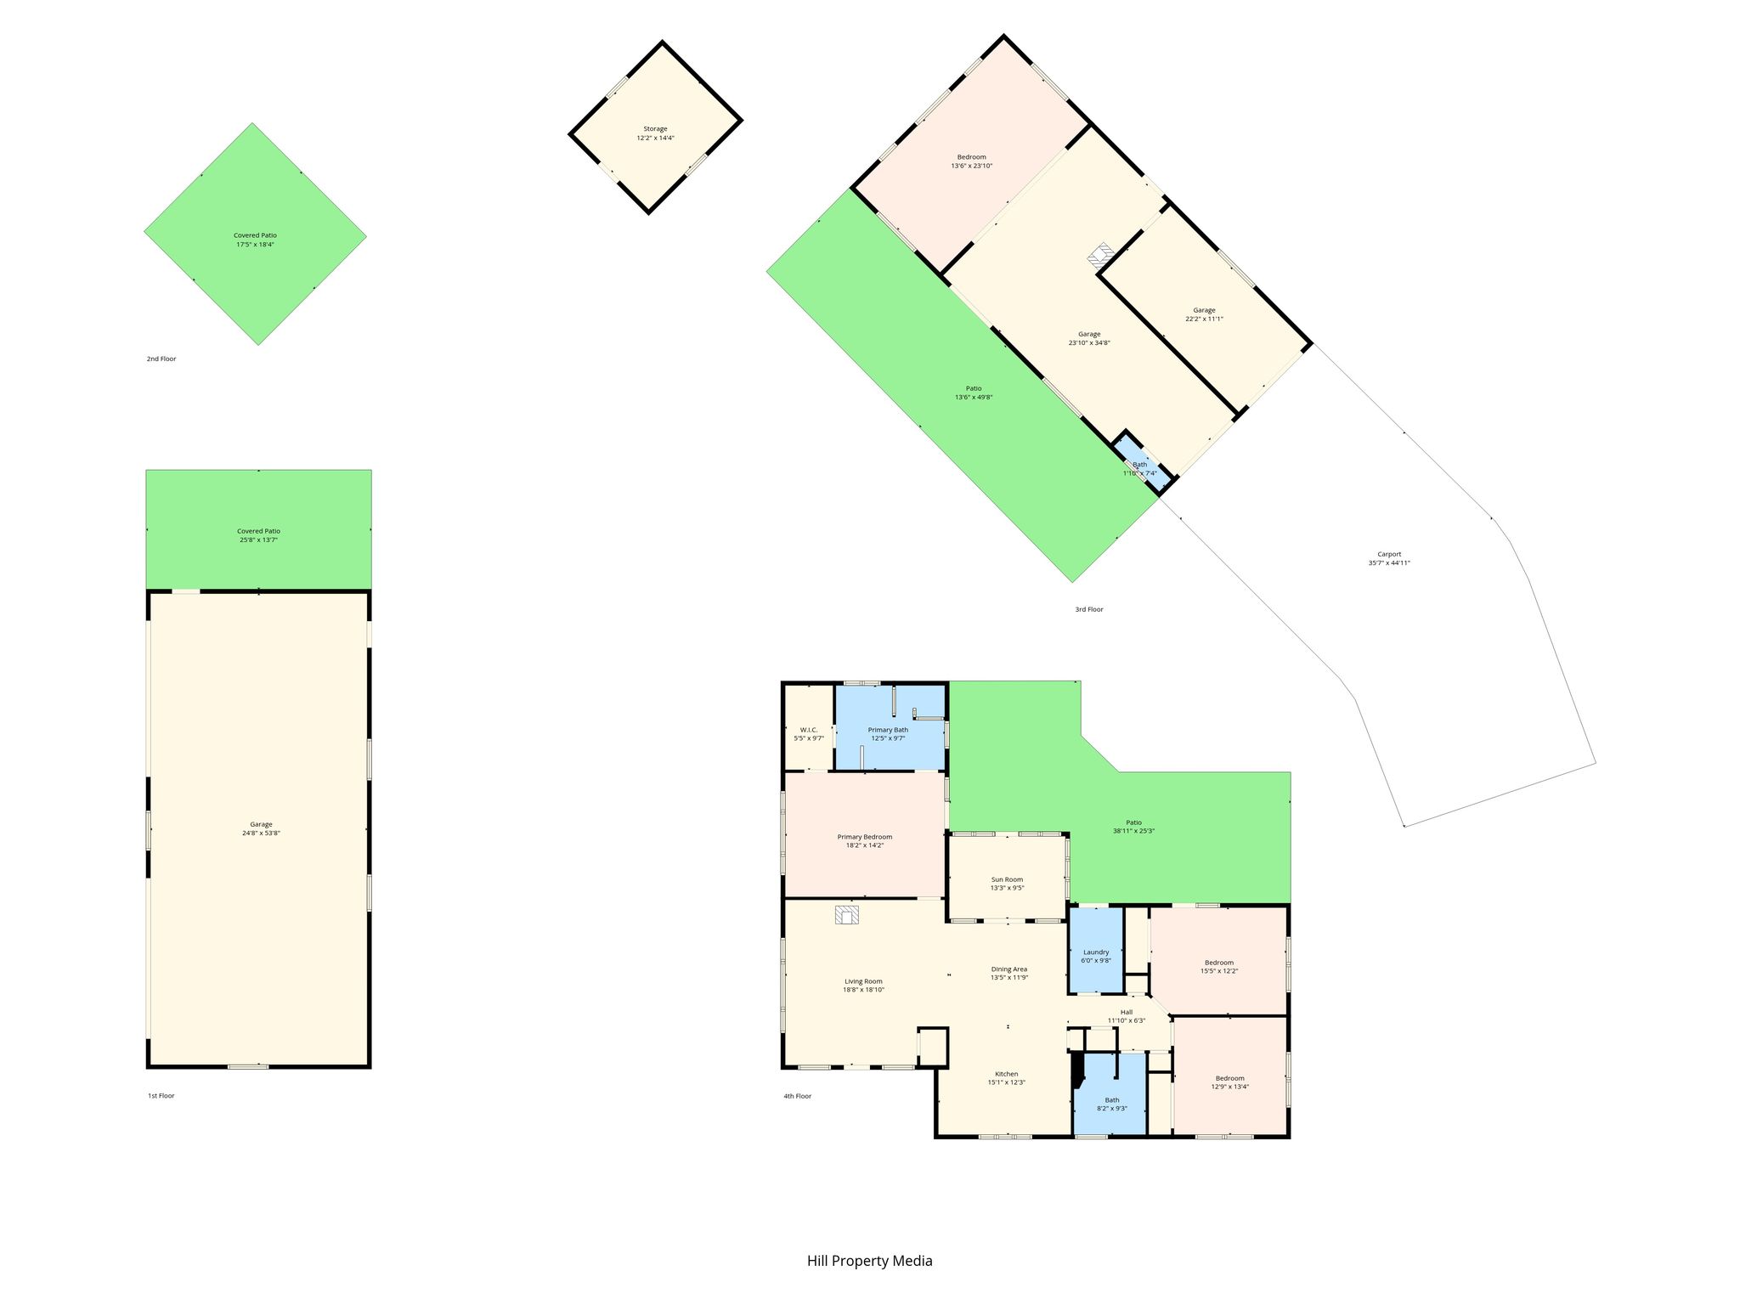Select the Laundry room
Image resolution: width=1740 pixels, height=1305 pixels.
tap(1095, 950)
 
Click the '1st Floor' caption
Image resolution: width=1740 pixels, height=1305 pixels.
tap(161, 1096)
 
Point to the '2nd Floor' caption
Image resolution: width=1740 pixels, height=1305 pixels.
tap(161, 359)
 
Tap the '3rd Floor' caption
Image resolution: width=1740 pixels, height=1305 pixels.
tap(1089, 609)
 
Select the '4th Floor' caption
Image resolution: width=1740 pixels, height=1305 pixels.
tap(798, 1096)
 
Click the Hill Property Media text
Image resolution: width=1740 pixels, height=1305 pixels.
tap(870, 1261)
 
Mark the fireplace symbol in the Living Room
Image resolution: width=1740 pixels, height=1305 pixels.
tap(847, 915)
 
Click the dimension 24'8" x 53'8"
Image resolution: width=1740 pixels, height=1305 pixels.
tap(261, 833)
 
